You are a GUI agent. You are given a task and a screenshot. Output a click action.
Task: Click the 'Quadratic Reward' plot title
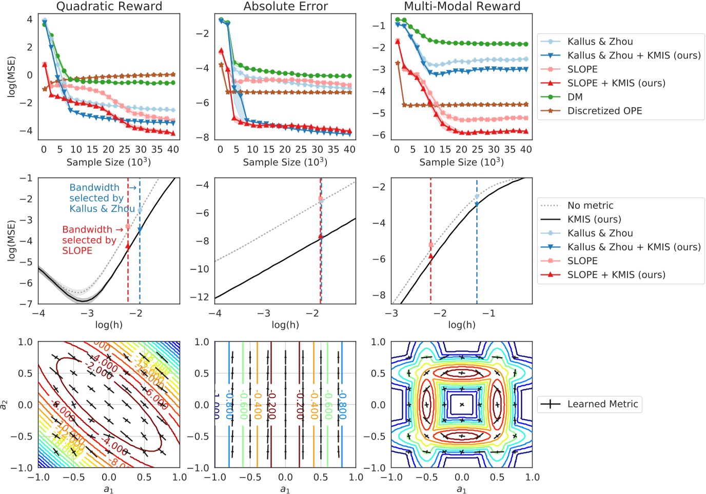point(109,6)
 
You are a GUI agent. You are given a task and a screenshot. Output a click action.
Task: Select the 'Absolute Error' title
point(285,6)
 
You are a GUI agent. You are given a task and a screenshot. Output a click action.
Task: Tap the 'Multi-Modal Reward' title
point(462,6)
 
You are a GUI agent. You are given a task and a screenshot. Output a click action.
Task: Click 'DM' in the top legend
point(575,97)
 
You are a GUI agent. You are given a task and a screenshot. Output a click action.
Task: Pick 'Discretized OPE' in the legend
point(604,111)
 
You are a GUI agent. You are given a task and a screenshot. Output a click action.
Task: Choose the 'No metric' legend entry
point(590,205)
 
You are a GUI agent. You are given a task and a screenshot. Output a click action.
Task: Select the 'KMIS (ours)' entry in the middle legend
point(594,219)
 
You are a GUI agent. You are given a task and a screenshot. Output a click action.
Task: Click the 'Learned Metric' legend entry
point(602,404)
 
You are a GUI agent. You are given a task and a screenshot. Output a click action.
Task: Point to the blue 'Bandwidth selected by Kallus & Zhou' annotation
point(102,198)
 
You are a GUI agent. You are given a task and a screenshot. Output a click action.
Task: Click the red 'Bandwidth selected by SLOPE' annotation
point(89,240)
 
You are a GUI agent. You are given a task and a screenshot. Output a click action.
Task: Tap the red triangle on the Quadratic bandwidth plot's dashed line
point(128,246)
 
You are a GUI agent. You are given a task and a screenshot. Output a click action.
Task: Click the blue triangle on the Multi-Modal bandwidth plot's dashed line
point(477,204)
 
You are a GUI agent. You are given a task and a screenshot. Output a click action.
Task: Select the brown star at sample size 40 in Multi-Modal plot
point(525,104)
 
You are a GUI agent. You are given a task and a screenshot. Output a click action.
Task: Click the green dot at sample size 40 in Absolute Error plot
point(349,76)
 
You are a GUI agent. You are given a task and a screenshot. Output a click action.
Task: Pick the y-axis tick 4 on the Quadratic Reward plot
point(30,19)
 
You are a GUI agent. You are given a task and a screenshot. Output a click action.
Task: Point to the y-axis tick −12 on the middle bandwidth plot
point(203,297)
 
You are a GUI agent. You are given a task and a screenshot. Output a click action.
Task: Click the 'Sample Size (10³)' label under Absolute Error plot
point(285,162)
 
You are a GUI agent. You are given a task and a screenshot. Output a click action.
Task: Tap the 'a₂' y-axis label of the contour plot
point(5,405)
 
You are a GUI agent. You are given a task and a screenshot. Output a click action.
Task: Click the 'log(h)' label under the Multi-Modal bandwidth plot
point(461,325)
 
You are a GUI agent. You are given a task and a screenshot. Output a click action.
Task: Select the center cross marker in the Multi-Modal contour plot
point(462,405)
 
